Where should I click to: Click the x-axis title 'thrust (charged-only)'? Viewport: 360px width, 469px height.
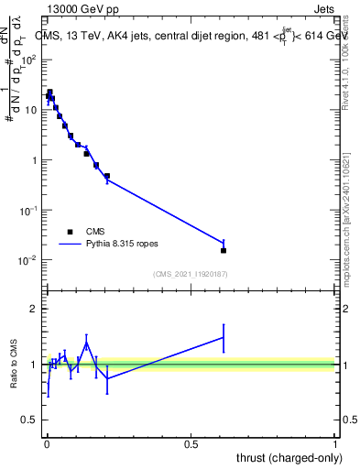click(x=283, y=456)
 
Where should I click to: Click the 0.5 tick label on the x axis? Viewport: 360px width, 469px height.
click(x=191, y=443)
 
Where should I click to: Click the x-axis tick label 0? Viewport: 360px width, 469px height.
click(x=46, y=443)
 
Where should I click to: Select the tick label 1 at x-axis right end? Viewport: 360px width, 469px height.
click(x=335, y=443)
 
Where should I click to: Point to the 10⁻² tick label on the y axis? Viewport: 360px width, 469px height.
click(x=28, y=260)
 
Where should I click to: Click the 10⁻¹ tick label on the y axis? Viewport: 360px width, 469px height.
click(x=28, y=210)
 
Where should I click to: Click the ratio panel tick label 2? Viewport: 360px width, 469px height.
click(x=33, y=309)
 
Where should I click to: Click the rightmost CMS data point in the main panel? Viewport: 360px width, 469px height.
click(x=224, y=250)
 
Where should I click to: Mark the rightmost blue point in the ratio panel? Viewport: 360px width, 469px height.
click(x=224, y=337)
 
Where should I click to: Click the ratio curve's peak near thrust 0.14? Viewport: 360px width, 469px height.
click(x=86, y=344)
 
